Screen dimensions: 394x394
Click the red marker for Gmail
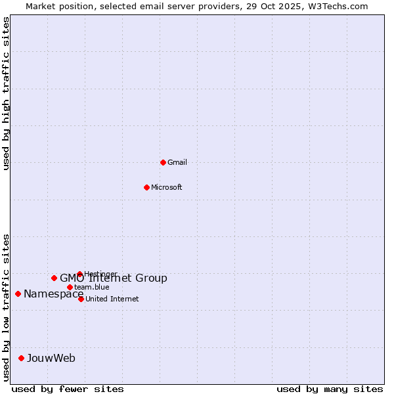pos(163,162)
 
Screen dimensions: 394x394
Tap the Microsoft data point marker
pos(146,187)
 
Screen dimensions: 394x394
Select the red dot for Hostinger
pos(79,274)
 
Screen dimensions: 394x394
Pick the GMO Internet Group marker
pos(54,278)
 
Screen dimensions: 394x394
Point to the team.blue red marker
pos(70,287)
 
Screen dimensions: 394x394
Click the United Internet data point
pos(81,299)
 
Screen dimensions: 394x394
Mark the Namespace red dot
pos(18,294)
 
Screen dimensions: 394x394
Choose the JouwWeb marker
pos(21,358)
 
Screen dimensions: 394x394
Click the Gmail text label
pos(177,162)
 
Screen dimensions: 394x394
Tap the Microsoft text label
pos(167,187)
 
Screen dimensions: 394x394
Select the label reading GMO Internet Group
pos(114,278)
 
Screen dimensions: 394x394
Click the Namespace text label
pos(53,294)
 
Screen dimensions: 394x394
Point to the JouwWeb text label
pos(51,358)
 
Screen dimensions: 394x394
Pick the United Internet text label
pos(112,299)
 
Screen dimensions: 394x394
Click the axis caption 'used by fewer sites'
pos(68,389)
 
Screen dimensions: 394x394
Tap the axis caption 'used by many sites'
pos(330,389)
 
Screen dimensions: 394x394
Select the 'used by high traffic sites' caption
pos(7,93)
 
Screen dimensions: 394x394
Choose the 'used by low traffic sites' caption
pos(7,307)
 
